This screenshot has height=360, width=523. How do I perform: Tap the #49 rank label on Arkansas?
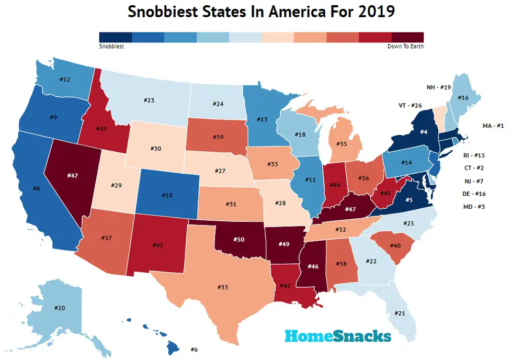point(283,243)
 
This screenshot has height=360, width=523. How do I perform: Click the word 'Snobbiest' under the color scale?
point(111,46)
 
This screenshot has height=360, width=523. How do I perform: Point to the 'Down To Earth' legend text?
point(405,46)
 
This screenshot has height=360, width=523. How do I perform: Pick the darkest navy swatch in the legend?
point(116,37)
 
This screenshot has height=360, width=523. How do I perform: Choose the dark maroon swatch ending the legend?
point(407,37)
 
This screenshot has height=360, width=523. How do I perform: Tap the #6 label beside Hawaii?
point(194,349)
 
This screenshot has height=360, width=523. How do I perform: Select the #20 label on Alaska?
point(60,308)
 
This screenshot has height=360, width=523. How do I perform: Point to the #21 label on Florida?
point(399,313)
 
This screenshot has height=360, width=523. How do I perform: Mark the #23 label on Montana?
point(151,101)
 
